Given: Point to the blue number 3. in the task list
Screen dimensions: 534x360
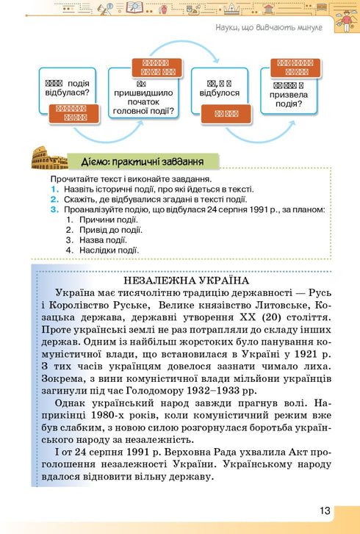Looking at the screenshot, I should [54, 209].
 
